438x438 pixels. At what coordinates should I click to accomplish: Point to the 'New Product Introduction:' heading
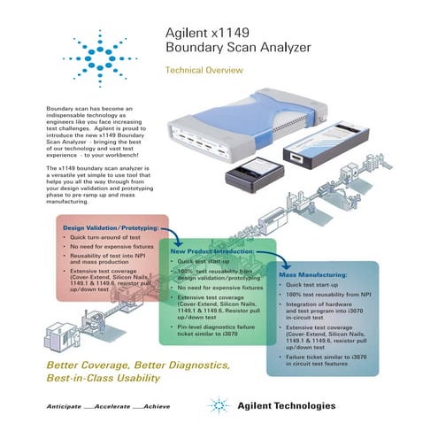tap(212, 252)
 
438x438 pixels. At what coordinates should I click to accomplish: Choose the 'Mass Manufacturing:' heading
tap(316, 275)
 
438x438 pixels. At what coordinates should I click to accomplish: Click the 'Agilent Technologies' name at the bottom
tap(286, 406)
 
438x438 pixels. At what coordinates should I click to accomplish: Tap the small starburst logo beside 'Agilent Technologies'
tap(218, 406)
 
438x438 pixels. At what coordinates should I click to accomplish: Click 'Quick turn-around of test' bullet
tap(106, 238)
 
